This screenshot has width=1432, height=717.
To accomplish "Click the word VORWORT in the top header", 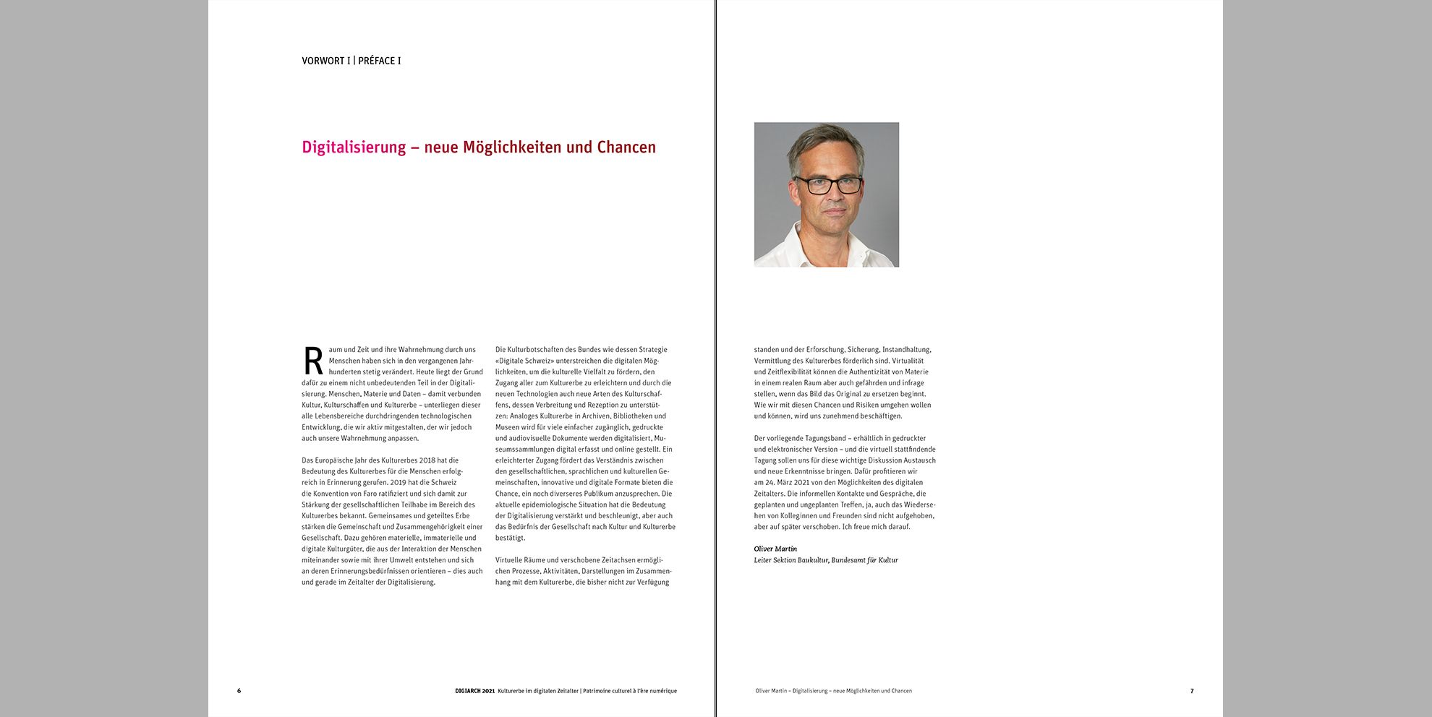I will (x=323, y=61).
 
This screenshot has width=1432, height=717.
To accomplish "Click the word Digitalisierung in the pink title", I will (x=354, y=147).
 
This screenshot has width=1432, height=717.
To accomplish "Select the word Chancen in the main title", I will (x=626, y=147).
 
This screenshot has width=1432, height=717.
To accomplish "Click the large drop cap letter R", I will (x=313, y=361).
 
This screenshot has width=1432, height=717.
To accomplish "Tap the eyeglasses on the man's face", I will (x=829, y=185).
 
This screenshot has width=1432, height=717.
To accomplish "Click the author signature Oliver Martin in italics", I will (x=775, y=549).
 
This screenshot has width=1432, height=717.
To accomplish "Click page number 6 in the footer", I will (x=239, y=691).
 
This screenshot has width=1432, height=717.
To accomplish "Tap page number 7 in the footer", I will (x=1192, y=691).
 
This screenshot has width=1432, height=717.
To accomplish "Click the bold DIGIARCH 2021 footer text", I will (x=474, y=691).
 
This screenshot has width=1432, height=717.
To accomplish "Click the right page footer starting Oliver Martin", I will (x=833, y=691).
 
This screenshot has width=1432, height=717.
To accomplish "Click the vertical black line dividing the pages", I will (x=716, y=361).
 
